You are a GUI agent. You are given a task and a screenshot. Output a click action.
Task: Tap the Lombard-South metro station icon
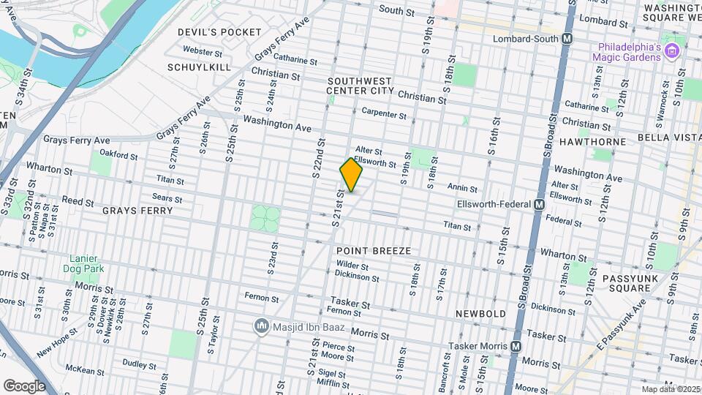pos(567,39)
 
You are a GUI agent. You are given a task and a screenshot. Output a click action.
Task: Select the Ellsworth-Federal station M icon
pos(539,205)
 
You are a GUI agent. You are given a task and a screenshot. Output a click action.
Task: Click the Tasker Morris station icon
pos(516,346)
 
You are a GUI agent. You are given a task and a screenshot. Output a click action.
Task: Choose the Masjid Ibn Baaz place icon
pos(260,325)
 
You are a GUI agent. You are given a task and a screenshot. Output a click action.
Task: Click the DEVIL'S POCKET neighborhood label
pos(219,32)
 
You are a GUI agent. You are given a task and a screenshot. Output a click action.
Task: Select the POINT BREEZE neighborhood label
pos(374,251)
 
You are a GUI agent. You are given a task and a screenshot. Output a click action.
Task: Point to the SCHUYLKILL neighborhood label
pos(199,67)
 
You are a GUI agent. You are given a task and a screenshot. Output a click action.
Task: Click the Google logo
pos(24,385)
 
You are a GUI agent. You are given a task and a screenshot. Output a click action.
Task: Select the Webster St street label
pos(203,52)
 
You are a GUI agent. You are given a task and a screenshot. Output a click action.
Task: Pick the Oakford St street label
pos(118,155)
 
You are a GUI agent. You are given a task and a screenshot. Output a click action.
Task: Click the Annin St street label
pos(463,189)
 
